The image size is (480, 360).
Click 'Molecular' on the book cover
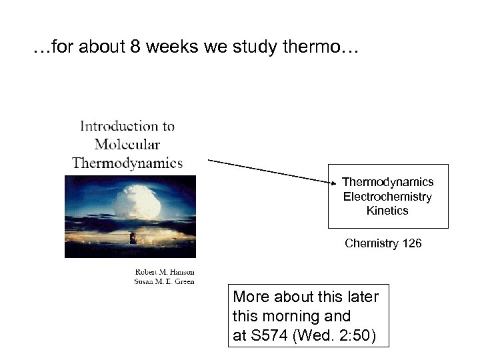(127, 144)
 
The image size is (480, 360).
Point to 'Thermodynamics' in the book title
(127, 163)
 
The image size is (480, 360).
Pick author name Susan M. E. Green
(164, 281)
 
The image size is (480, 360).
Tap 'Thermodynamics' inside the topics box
(387, 182)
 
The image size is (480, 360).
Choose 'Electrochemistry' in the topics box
(387, 197)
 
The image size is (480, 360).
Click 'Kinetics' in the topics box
(387, 211)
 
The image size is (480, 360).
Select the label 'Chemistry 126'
(383, 243)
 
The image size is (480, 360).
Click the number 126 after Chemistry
(412, 243)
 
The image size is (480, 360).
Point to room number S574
(270, 336)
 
